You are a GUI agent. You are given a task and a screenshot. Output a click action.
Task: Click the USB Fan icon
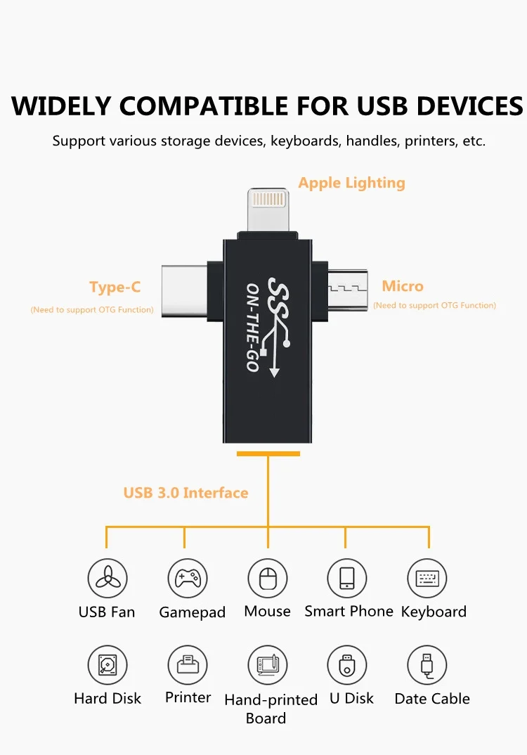(x=108, y=578)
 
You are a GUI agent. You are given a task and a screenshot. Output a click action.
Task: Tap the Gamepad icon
(x=188, y=578)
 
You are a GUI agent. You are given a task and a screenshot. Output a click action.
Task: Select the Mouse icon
(x=268, y=578)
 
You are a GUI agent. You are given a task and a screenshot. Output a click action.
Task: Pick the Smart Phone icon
(x=347, y=578)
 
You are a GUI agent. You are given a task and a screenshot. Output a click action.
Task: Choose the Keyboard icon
(x=427, y=578)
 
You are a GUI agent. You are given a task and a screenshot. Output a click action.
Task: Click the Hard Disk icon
(x=108, y=665)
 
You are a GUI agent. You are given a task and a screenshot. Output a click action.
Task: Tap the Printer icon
(x=188, y=665)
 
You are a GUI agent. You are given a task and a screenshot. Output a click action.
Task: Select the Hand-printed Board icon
(x=268, y=665)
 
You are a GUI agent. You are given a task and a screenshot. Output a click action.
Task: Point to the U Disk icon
(x=347, y=665)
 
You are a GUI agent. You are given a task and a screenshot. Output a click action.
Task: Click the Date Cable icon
(x=427, y=665)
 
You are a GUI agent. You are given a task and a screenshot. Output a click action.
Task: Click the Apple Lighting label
(x=351, y=183)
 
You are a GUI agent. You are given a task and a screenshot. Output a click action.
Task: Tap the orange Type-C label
(x=115, y=287)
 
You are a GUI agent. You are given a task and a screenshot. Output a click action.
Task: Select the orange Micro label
(x=403, y=286)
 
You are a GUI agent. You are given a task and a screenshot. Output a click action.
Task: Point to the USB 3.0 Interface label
(x=186, y=493)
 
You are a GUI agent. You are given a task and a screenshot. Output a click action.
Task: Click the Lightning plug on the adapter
(x=268, y=208)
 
